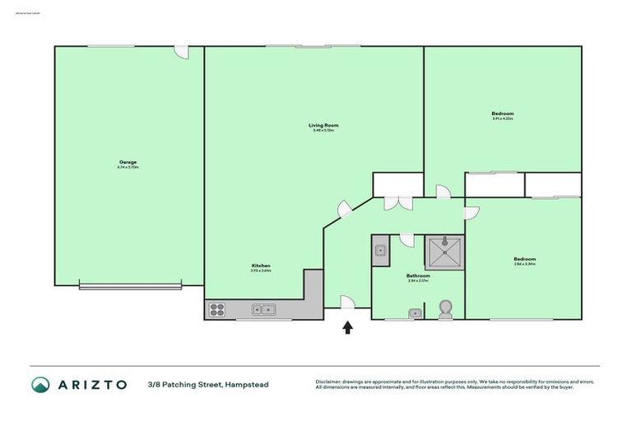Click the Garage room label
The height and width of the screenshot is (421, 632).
tap(128, 162)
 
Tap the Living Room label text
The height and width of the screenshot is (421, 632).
tap(323, 125)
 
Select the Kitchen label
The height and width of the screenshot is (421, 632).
tap(261, 266)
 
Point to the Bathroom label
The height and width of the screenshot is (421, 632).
tap(418, 276)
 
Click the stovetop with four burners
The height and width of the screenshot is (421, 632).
tap(218, 310)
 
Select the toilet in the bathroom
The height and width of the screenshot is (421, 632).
tap(445, 308)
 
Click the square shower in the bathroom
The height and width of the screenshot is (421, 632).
tap(444, 250)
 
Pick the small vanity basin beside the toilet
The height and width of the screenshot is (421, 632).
tap(416, 312)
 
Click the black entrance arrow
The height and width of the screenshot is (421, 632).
tap(348, 328)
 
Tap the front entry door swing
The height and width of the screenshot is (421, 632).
tap(347, 303)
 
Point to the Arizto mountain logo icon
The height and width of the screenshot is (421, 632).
tap(41, 384)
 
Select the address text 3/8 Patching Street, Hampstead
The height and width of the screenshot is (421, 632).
tap(207, 384)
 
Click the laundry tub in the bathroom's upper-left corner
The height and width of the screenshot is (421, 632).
tap(379, 251)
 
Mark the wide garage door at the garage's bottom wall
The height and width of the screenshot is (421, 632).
tap(130, 285)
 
